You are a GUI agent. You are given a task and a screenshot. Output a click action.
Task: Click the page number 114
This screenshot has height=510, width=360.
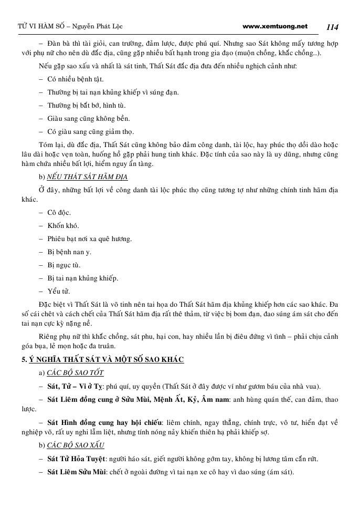click(333, 26)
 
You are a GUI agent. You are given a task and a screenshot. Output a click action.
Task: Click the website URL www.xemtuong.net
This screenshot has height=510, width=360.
click(276, 26)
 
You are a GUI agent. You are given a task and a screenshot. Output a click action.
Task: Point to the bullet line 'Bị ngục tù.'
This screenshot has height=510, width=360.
click(63, 265)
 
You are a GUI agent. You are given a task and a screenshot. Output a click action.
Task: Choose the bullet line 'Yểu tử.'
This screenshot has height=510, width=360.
click(59, 291)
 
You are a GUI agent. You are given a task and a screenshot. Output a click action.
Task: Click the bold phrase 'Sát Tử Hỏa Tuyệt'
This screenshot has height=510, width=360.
click(76, 459)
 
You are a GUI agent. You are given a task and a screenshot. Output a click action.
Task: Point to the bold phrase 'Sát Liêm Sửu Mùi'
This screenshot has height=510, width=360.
click(76, 472)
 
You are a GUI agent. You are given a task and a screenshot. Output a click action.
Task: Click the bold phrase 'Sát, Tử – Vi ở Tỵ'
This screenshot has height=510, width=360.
click(79, 386)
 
